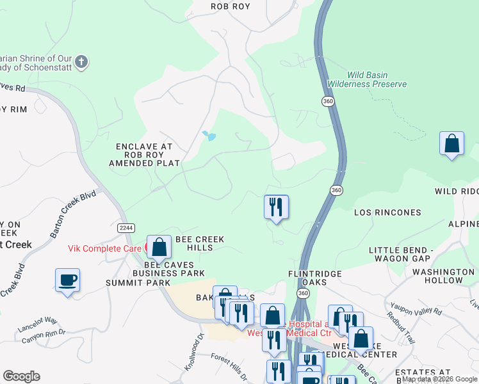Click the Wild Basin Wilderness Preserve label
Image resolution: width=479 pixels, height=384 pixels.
tap(367, 79)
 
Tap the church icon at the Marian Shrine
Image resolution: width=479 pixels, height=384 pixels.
tap(81, 62)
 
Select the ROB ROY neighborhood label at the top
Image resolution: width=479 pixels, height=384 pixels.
tap(231, 6)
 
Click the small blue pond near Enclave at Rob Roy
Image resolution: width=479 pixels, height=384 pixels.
tap(209, 136)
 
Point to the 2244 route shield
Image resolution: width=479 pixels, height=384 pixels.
tap(126, 228)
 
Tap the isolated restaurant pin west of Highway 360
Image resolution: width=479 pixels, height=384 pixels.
tap(276, 207)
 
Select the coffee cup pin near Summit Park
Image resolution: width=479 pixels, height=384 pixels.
tap(67, 281)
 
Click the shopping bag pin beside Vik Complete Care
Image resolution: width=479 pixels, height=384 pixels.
tap(158, 246)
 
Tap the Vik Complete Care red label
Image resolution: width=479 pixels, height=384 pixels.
tap(105, 247)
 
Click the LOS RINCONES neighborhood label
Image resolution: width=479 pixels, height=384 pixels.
tap(388, 212)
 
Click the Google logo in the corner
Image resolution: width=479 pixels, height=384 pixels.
tap(21, 376)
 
